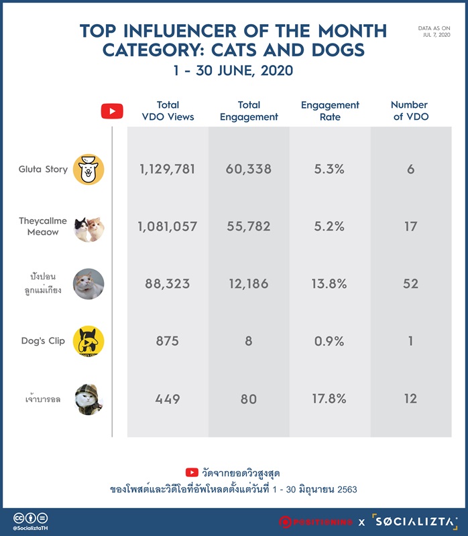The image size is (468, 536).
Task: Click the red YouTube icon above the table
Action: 112,111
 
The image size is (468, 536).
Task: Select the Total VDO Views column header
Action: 168,111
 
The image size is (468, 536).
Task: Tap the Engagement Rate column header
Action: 330,111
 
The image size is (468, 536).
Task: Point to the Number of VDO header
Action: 410,111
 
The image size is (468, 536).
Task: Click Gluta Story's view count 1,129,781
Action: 168,169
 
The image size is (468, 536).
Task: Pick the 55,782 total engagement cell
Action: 249,226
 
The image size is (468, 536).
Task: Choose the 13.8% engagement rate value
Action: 329,283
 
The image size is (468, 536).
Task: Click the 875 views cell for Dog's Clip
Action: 168,341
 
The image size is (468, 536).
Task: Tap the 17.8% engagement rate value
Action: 329,399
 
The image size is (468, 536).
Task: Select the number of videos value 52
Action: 410,283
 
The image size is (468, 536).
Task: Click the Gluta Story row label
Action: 43,170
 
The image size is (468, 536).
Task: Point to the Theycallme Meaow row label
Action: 43,226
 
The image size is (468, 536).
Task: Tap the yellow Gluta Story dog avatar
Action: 89,170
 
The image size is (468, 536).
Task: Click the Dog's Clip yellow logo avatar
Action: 89,341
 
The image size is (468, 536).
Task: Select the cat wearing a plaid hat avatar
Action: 89,399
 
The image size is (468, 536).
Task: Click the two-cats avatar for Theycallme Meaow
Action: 89,229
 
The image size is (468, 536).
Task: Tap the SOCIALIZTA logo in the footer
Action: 415,522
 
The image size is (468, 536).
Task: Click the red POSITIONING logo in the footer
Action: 315,522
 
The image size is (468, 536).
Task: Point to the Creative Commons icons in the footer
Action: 30,518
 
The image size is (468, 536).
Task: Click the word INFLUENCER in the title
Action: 180,31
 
